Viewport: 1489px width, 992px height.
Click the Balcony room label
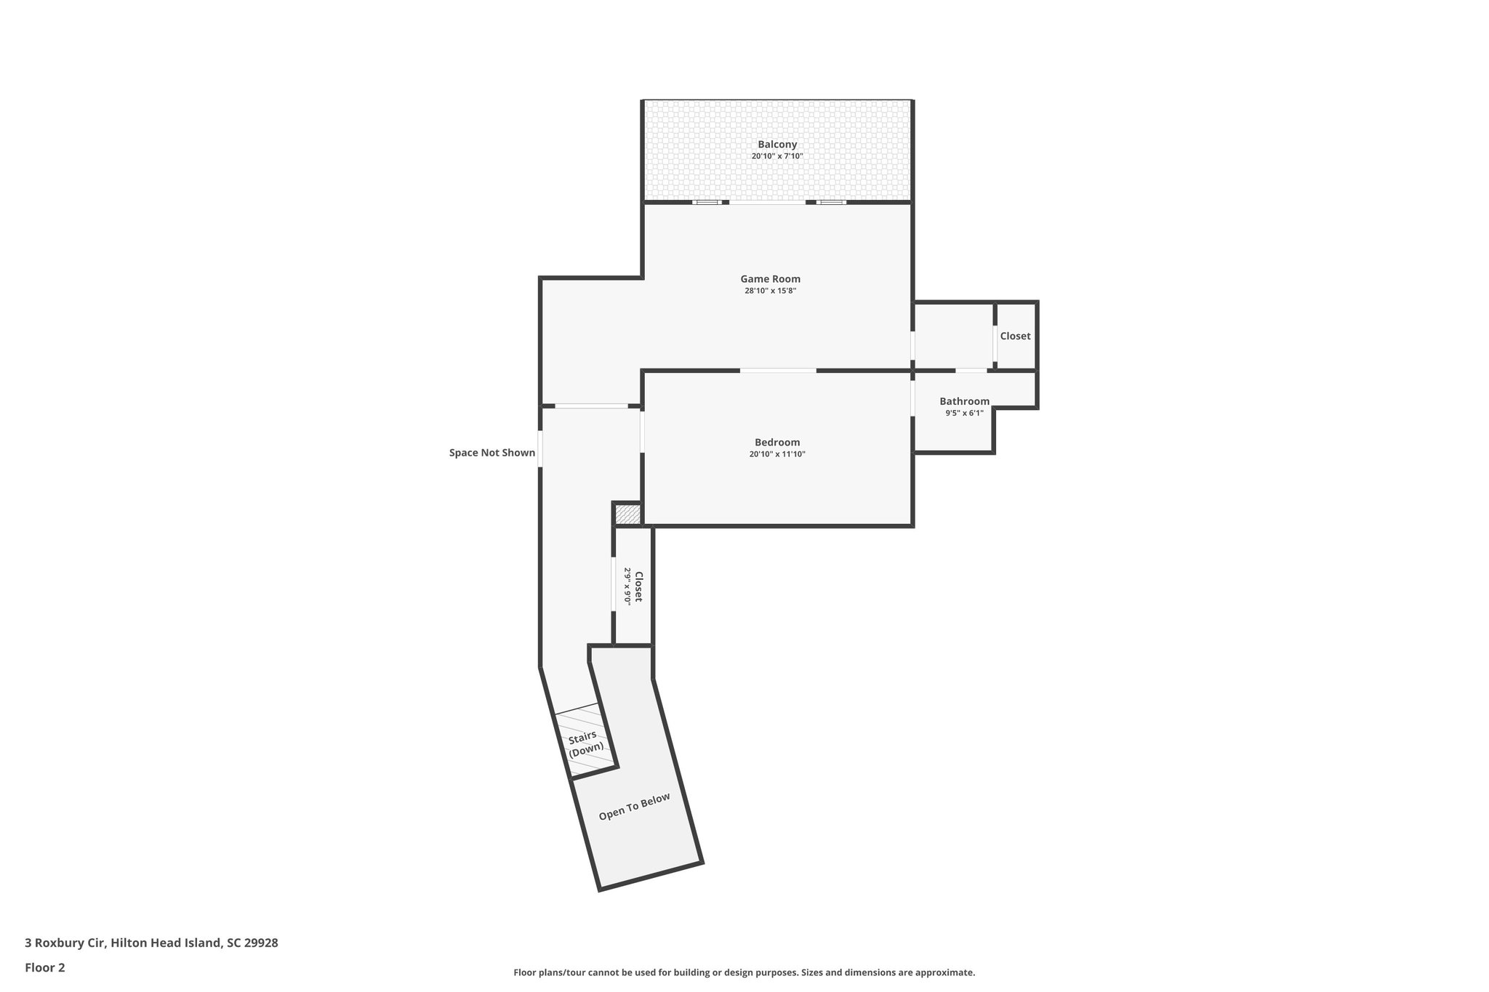tap(777, 145)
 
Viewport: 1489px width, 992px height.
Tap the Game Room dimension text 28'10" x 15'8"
tap(770, 291)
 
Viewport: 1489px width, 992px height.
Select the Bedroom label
tap(777, 442)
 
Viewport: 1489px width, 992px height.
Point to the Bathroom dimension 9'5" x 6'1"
tap(964, 413)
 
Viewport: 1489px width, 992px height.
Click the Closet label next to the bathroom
tap(1015, 336)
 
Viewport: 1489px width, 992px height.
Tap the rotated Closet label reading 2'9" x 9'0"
tap(633, 586)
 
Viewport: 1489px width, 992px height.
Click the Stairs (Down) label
tap(585, 743)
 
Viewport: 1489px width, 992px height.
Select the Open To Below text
tap(634, 807)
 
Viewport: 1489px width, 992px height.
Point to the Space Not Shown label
tap(492, 453)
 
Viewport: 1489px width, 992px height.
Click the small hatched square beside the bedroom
tap(627, 515)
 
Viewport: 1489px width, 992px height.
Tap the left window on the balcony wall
tap(707, 202)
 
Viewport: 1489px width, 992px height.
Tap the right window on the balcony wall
tap(831, 202)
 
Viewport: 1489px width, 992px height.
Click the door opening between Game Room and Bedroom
tap(778, 371)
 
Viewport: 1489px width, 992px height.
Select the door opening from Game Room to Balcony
tap(768, 203)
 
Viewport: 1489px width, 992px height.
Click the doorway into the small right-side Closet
tap(995, 344)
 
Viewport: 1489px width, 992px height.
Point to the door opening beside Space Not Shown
tap(540, 448)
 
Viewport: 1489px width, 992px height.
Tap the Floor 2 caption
tap(45, 967)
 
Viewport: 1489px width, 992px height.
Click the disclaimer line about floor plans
tap(744, 972)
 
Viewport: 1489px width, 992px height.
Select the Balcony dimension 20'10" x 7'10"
tap(777, 156)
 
